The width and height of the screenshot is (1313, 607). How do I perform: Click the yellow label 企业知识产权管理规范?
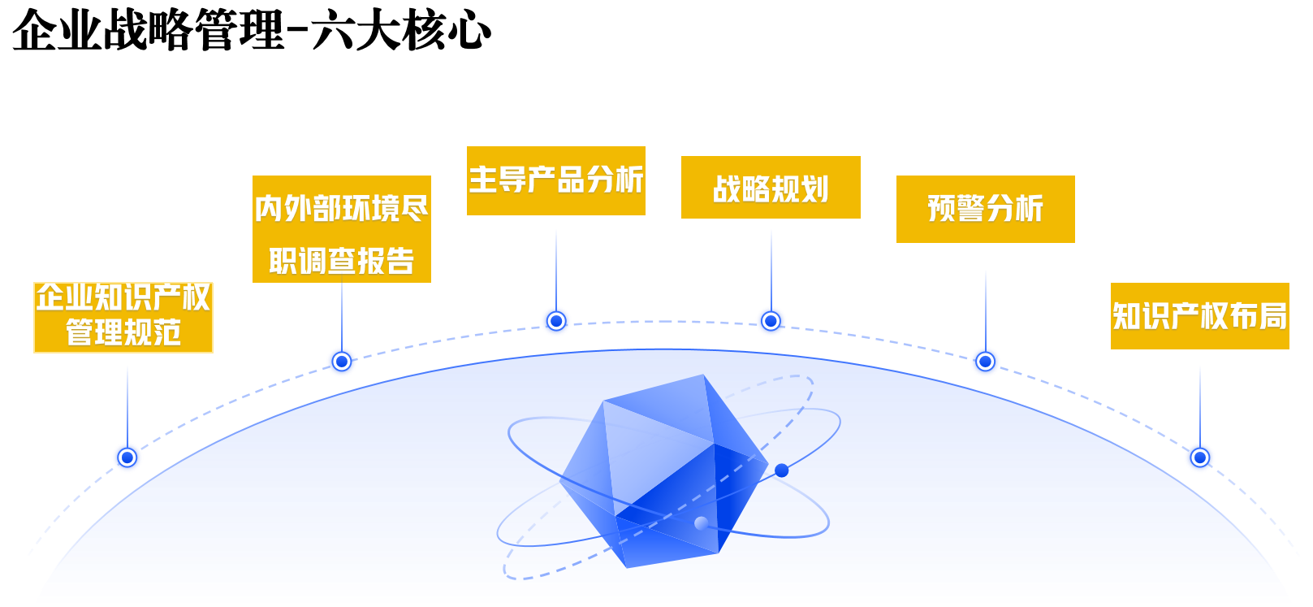click(x=123, y=318)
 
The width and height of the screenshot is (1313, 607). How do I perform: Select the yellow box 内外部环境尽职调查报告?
click(x=342, y=229)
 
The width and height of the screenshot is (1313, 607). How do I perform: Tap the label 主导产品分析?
click(x=556, y=180)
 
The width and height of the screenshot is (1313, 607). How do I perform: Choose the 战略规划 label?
click(x=771, y=188)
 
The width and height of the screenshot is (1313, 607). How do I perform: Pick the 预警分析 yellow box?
click(x=986, y=209)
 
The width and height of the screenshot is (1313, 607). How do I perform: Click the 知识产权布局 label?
click(x=1200, y=316)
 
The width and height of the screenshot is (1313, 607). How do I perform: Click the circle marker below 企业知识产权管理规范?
click(x=127, y=457)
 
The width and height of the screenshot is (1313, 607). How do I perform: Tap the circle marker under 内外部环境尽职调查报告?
click(x=342, y=361)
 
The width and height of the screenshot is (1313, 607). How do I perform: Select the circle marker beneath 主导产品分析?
click(x=556, y=322)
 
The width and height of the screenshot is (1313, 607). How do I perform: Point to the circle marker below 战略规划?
click(x=771, y=322)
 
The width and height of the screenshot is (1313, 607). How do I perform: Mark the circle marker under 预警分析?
click(x=986, y=361)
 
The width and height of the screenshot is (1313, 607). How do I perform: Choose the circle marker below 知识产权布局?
click(x=1200, y=457)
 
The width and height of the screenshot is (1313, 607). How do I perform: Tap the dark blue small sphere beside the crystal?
click(x=782, y=470)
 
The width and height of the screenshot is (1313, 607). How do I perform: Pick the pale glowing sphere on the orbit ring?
click(x=702, y=523)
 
